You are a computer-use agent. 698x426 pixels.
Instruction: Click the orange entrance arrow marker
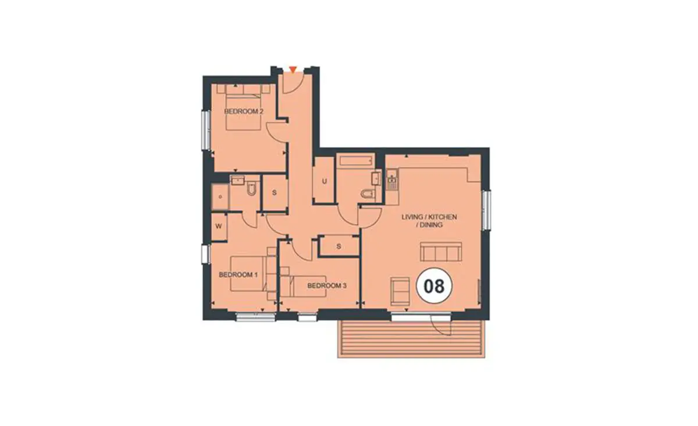[x=293, y=70]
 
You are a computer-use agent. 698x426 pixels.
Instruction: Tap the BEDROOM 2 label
[x=244, y=111]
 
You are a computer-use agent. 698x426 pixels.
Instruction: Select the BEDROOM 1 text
[x=238, y=275]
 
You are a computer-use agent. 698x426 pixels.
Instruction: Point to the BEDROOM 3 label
[x=327, y=285]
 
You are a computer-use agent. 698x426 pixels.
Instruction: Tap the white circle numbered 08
[x=435, y=286]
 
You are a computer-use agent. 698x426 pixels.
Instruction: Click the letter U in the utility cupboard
[x=325, y=181]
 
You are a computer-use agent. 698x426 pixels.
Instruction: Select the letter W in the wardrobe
[x=219, y=227]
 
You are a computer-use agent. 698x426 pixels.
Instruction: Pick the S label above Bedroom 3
[x=339, y=246]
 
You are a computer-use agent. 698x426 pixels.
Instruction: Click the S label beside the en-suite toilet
[x=274, y=193]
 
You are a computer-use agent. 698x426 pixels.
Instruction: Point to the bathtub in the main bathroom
[x=356, y=160]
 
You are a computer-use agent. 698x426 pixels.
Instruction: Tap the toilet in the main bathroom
[x=368, y=194]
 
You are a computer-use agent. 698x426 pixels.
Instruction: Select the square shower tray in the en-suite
[x=220, y=197]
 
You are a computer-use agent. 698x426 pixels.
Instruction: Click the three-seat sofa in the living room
[x=441, y=252]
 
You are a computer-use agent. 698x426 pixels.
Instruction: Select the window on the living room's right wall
[x=486, y=210]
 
